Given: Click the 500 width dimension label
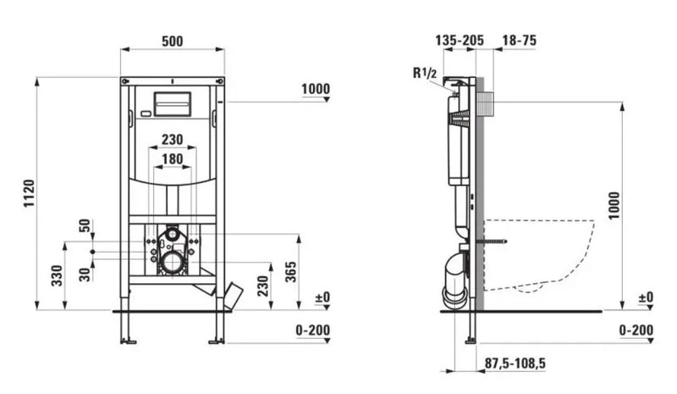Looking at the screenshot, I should pyautogui.click(x=172, y=41).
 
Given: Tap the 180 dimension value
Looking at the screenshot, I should pyautogui.click(x=172, y=158).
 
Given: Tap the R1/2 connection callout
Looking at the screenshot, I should pyautogui.click(x=425, y=75).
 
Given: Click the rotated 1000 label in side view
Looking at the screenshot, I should pyautogui.click(x=614, y=207).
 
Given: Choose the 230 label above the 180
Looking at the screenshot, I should pyautogui.click(x=172, y=140).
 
